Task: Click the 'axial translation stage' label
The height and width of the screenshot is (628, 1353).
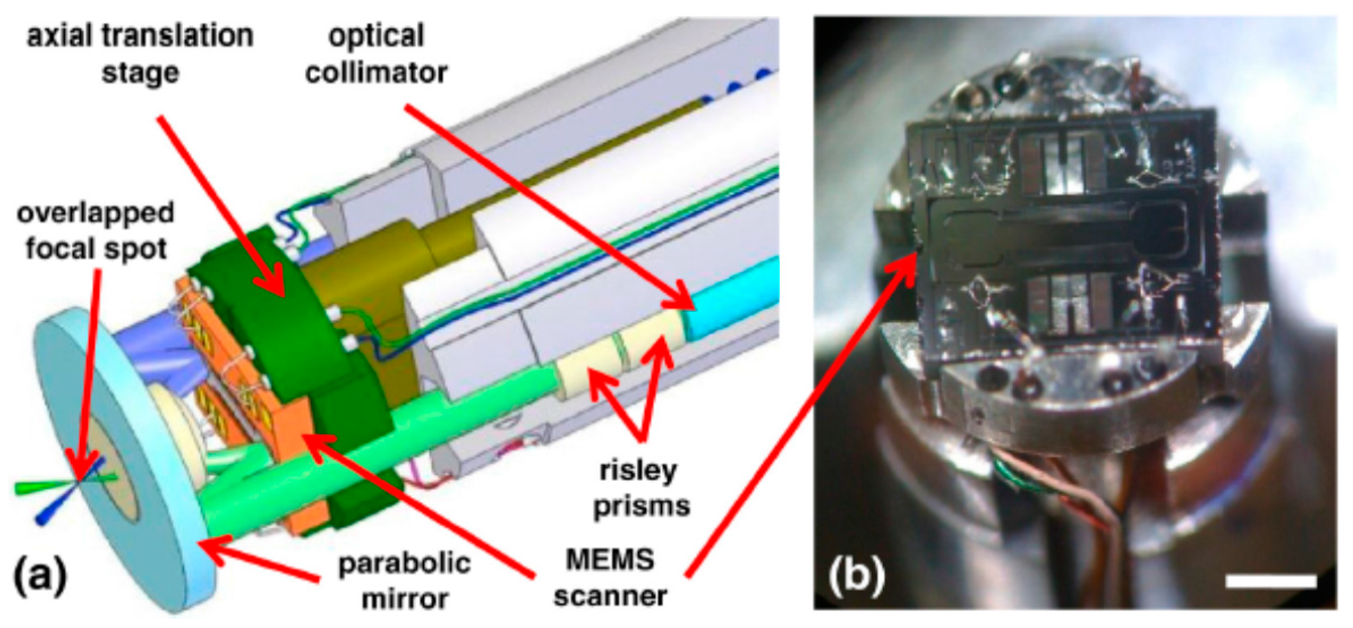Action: [x=140, y=54]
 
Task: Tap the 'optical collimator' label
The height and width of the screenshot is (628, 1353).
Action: [x=376, y=54]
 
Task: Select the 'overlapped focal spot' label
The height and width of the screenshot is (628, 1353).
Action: [x=96, y=231]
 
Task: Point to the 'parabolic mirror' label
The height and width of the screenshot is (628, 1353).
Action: [x=404, y=580]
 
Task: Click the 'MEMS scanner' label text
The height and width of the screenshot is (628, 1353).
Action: [x=610, y=578]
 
